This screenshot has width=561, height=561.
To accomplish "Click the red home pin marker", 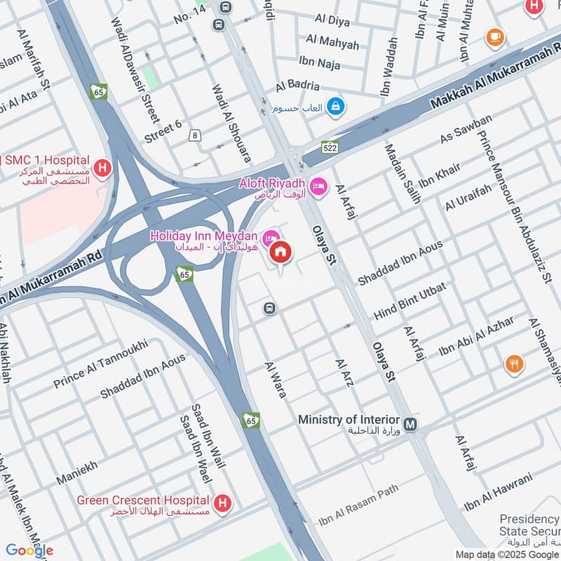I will click(x=280, y=252).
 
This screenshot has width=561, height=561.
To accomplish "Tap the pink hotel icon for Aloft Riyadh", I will click(x=318, y=185).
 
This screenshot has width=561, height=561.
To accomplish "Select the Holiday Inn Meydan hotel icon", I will click(x=269, y=236).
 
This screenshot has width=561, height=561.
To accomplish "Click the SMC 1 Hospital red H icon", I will click(x=102, y=168).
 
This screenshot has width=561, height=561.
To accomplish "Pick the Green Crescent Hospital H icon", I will click(x=223, y=503).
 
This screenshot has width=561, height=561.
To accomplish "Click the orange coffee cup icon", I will click(x=495, y=36).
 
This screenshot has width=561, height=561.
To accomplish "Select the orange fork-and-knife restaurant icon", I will click(x=515, y=363).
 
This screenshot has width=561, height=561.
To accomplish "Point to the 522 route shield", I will click(x=330, y=147).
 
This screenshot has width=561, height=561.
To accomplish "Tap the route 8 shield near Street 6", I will click(x=194, y=135).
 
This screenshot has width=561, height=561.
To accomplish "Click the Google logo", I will click(x=29, y=550).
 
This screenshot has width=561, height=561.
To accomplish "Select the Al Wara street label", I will click(x=276, y=380).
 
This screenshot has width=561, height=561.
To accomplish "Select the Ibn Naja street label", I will click(x=320, y=65).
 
